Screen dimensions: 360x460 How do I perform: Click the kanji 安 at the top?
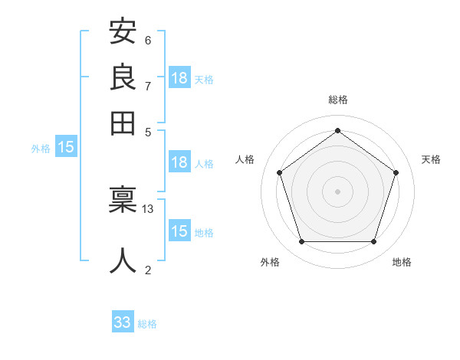click(123, 32)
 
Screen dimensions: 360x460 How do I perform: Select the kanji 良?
click(123, 77)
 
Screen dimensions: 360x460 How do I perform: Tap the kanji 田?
click(123, 122)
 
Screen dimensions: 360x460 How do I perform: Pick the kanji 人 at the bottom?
click(123, 260)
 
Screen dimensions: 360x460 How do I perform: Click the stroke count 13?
click(148, 208)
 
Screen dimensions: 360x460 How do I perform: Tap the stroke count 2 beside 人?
click(148, 269)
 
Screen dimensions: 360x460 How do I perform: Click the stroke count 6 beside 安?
click(148, 40)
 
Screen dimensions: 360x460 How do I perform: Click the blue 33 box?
click(123, 322)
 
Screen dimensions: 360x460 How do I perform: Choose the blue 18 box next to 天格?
click(179, 78)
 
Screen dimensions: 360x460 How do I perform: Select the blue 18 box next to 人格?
click(179, 162)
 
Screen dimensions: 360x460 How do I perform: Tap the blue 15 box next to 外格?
click(66, 148)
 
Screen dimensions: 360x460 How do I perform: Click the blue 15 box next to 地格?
click(179, 231)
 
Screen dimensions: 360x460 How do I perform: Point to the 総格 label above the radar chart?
click(337, 100)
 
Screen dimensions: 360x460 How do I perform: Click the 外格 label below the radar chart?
click(270, 262)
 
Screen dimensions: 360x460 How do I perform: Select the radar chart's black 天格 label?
click(431, 159)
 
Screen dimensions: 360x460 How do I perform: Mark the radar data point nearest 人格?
click(279, 172)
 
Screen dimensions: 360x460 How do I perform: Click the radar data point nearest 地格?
click(373, 241)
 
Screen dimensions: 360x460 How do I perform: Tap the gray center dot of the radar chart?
click(337, 191)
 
